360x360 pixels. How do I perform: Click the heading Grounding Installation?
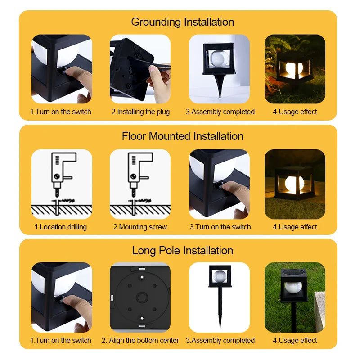[x=182, y=22]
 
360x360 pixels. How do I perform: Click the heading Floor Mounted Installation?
[x=182, y=136]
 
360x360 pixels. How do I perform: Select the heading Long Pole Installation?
[x=182, y=250]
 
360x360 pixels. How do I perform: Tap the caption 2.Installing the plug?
[x=140, y=112]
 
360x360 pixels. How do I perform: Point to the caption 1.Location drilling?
[x=61, y=227]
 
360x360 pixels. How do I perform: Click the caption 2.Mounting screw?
[x=140, y=227]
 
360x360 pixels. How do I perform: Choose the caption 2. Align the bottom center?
[x=140, y=340]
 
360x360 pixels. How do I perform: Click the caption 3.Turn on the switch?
[x=220, y=227]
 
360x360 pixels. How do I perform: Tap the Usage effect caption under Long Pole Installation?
[x=295, y=340]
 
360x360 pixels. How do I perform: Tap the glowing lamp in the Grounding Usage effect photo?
[x=294, y=68]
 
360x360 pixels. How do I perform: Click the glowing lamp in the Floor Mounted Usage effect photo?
[x=294, y=184]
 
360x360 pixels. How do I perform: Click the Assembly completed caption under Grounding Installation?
[x=220, y=112]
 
